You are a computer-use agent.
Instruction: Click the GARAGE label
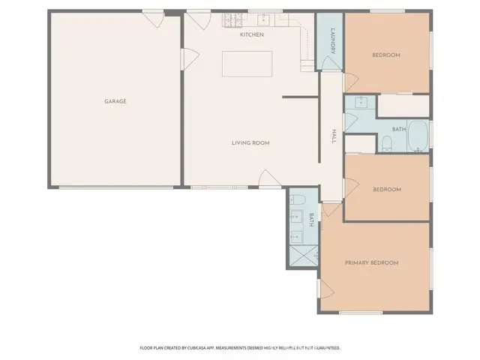[115, 100]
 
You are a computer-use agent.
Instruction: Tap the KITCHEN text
[251, 34]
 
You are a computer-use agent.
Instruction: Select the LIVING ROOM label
[250, 142]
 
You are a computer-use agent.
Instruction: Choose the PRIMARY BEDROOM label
[371, 262]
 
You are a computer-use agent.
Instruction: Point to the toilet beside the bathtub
[386, 142]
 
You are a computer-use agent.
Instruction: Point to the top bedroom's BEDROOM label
[386, 55]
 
